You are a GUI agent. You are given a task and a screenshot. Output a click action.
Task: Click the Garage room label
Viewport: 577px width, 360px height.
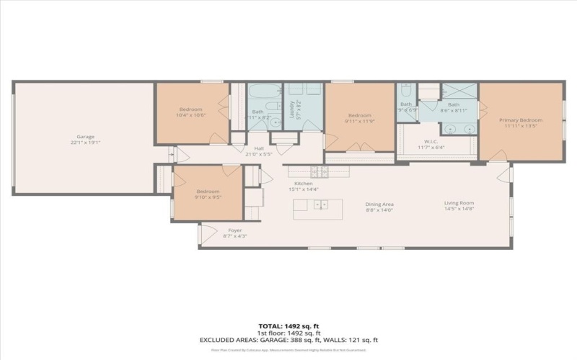[86, 136]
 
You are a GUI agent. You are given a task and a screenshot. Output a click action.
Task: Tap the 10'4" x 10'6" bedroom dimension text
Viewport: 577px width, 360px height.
[191, 115]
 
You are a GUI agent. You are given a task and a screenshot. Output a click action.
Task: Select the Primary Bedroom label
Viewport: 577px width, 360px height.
[522, 120]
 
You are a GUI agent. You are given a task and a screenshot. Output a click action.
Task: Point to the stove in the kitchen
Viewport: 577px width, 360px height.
[319, 171]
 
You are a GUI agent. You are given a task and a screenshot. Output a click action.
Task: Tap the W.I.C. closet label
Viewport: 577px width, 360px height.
[432, 141]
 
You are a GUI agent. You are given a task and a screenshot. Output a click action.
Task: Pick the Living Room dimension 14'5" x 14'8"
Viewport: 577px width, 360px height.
[458, 210]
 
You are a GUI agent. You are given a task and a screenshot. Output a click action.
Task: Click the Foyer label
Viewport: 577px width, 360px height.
[225, 230]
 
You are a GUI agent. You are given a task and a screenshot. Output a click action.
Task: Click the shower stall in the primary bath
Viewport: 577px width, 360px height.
[459, 91]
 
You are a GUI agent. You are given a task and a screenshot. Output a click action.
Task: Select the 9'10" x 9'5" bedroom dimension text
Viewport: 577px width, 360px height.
[208, 196]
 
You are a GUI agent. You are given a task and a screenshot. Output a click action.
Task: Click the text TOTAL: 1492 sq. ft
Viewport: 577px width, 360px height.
[288, 326]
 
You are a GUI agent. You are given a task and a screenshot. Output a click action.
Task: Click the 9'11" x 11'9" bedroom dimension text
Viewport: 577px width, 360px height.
[359, 120]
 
